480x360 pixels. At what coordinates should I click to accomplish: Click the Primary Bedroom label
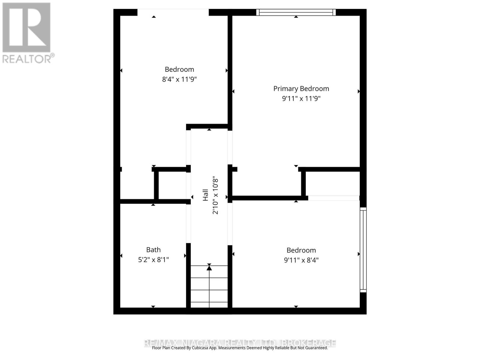(x=301, y=88)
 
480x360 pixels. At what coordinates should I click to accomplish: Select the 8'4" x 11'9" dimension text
(x=179, y=79)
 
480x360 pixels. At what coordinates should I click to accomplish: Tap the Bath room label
(x=153, y=250)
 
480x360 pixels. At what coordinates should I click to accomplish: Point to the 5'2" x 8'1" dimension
(x=153, y=260)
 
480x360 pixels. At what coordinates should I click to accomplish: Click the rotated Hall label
(x=205, y=195)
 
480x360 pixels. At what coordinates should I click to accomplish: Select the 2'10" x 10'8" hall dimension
(x=215, y=196)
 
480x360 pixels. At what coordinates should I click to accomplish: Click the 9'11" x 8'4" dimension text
(x=301, y=260)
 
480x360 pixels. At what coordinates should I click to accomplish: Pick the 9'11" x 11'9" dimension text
(x=301, y=98)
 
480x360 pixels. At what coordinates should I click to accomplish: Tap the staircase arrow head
(x=209, y=268)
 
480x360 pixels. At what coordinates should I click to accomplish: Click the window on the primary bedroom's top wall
(x=296, y=12)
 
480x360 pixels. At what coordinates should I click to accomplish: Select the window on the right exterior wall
(x=363, y=250)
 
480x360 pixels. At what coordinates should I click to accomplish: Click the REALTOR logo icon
(x=26, y=27)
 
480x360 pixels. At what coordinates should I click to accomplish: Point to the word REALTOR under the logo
(x=27, y=58)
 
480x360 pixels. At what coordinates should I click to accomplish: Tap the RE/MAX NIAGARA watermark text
(x=240, y=343)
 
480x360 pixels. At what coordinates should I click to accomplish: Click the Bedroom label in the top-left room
(x=179, y=69)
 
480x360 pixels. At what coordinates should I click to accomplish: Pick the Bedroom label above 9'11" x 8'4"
(x=301, y=250)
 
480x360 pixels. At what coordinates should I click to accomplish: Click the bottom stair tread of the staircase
(x=209, y=304)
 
